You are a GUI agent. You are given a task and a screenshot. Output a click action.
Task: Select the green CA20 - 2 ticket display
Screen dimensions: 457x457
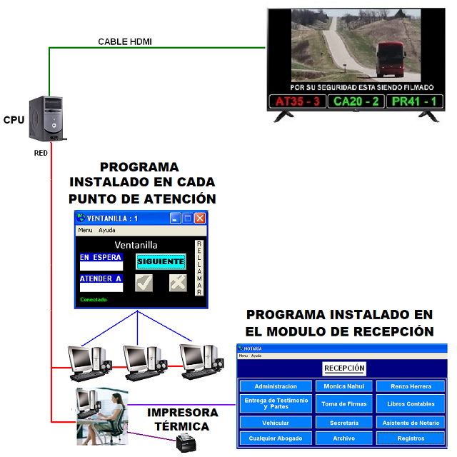pos(356,101)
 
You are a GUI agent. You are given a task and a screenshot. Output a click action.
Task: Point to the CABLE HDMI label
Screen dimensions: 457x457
pos(125,41)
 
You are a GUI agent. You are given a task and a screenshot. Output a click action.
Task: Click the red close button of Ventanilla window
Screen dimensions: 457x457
pos(200,218)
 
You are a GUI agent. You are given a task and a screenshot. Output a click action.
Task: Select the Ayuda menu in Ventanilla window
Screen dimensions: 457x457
pos(106,231)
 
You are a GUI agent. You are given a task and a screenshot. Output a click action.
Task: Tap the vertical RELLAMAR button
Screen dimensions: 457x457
pos(199,268)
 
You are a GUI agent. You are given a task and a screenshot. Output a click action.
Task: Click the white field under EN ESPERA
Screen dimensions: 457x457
pos(101,266)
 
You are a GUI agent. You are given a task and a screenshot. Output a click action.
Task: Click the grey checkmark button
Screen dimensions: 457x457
pos(144,283)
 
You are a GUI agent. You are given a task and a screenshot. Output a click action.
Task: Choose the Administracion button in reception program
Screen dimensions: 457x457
pos(275,386)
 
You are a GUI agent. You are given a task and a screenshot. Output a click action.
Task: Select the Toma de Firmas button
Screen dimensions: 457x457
pos(344,404)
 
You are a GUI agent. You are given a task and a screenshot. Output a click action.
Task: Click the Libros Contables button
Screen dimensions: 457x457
pos(411,404)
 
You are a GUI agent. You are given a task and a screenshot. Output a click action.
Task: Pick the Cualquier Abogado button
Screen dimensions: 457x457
pos(275,438)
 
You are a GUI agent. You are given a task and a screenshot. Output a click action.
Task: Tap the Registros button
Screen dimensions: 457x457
pos(411,438)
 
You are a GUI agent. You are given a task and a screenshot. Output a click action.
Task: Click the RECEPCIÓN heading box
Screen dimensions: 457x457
pos(344,368)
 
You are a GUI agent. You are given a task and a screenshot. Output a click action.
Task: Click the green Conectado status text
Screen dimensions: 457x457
pos(94,299)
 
